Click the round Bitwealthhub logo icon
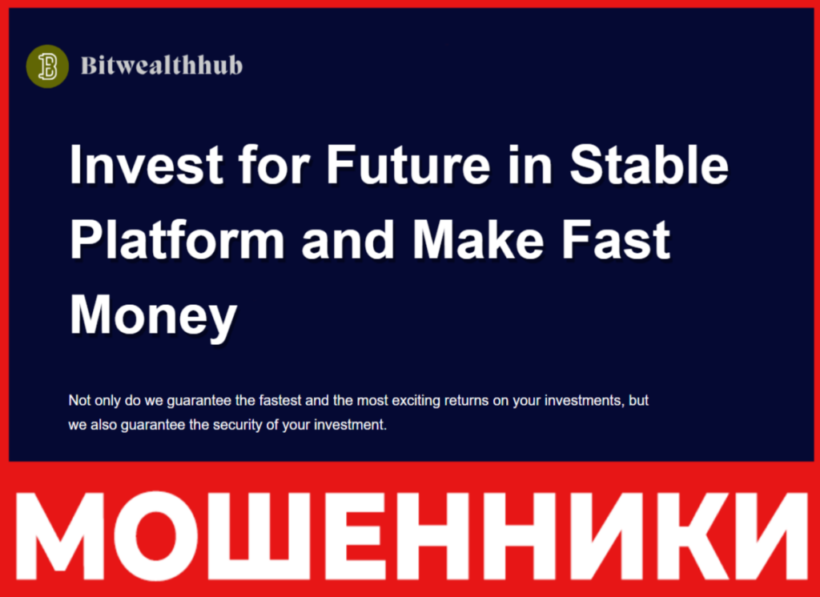pos(47,66)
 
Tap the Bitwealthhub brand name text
pos(161,66)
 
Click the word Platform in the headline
pos(177,240)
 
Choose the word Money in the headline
pos(153,316)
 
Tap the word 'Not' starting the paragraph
pos(79,400)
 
